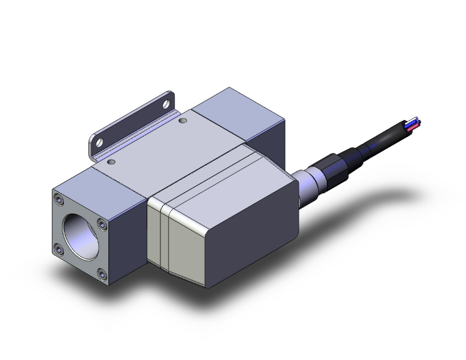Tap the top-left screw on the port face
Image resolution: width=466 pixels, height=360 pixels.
pos(59,200)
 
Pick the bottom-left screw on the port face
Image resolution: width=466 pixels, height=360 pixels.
pos(59,249)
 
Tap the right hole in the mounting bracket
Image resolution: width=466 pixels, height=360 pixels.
pos(167,101)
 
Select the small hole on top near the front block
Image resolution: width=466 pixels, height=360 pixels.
pos(111,162)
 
